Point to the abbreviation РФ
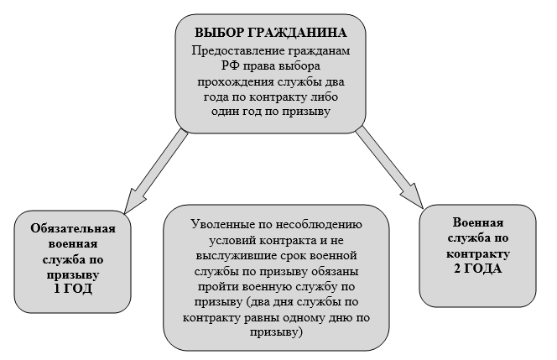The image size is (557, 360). pyautogui.click(x=229, y=66)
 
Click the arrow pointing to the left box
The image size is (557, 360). pyautogui.click(x=156, y=172)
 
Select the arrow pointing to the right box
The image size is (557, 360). pyautogui.click(x=390, y=168)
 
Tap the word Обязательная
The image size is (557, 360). pyautogui.click(x=73, y=228)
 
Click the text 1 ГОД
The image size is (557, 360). pyautogui.click(x=73, y=289)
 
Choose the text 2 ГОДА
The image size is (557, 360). pyautogui.click(x=478, y=269)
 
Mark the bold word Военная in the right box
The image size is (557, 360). pyautogui.click(x=478, y=223)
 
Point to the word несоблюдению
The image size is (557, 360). pyautogui.click(x=320, y=225)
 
